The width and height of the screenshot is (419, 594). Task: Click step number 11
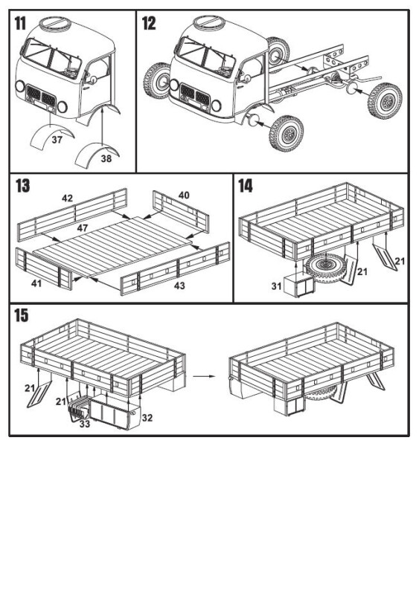[x=20, y=23]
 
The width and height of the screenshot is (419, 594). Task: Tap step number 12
[x=149, y=23]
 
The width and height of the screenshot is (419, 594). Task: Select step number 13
[x=22, y=186]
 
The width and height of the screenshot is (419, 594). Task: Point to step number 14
[x=246, y=186]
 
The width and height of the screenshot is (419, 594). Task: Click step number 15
[x=22, y=315]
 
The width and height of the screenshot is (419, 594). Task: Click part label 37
[x=57, y=140]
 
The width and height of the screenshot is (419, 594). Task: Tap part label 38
[x=106, y=159]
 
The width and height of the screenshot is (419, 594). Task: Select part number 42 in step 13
[x=67, y=198]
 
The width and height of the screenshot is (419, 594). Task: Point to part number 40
[x=184, y=195]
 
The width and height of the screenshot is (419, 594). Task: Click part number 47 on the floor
[x=83, y=227]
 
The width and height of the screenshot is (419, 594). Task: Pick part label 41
[x=36, y=283]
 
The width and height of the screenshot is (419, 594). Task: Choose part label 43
[x=179, y=285]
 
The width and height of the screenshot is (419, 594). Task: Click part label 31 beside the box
[x=276, y=286]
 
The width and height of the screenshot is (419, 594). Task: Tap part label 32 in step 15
[x=147, y=418]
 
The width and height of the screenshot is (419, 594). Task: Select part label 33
[x=85, y=424]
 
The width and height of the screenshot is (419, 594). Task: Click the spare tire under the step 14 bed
[x=324, y=268]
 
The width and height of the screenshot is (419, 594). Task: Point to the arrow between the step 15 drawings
[x=204, y=376]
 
